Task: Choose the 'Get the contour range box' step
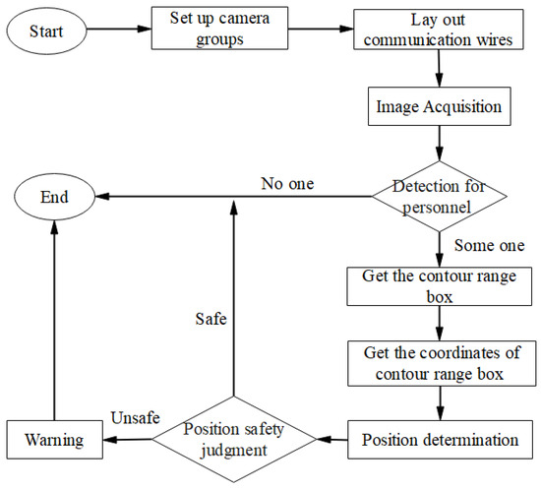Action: pyautogui.click(x=439, y=284)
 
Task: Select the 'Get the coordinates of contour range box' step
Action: pyautogui.click(x=439, y=363)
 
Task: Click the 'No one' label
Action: pyautogui.click(x=287, y=182)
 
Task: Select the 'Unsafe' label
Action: pyautogui.click(x=136, y=418)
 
